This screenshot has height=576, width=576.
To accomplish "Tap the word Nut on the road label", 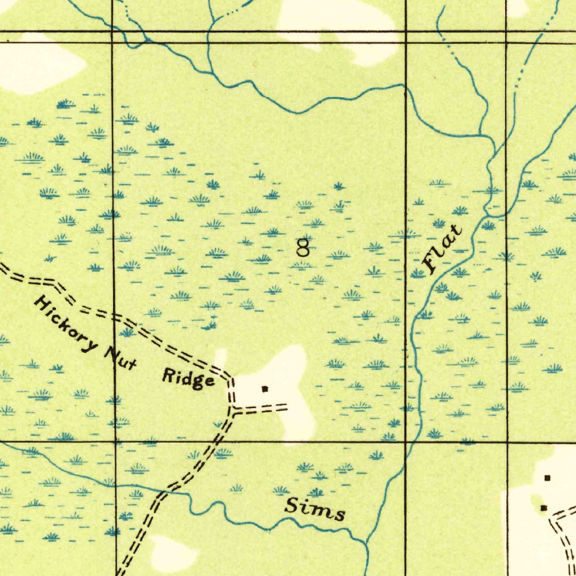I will pos(121,357).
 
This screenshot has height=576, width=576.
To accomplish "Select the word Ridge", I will pos(188,379).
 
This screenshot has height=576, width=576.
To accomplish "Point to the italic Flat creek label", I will pos(444,249).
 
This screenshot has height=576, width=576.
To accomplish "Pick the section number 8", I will pos(303,247).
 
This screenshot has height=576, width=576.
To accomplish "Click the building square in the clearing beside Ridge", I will pos(264,388).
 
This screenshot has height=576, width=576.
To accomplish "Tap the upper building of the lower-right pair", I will pos(547,478).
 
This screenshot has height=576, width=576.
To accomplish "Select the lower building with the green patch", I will pos(543,508).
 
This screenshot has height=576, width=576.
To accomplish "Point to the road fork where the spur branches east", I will pos(231,409).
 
